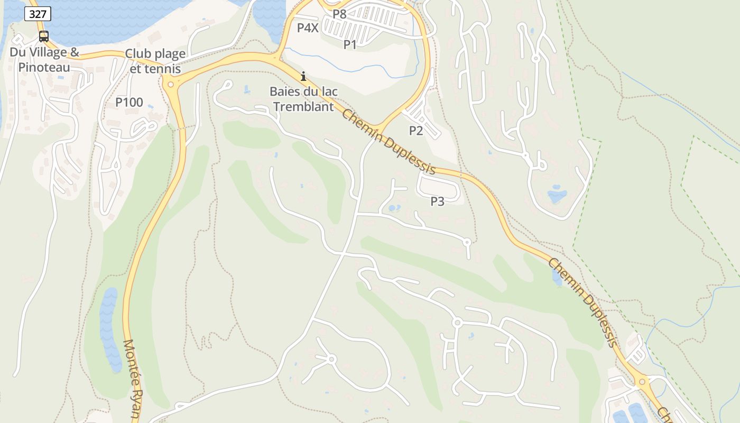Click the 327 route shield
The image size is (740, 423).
click(38, 14)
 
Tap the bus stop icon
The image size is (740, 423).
click(44, 36)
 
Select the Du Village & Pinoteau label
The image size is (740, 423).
click(44, 60)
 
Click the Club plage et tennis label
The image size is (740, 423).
click(155, 61)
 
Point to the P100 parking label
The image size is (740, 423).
click(129, 103)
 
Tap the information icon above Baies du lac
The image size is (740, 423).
click(303, 77)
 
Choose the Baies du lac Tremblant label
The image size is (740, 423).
click(303, 99)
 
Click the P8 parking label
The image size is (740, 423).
click(339, 14)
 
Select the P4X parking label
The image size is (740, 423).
click(308, 28)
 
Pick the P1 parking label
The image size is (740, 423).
click(350, 45)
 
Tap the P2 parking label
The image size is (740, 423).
click(416, 131)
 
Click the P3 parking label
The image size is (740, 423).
click(437, 201)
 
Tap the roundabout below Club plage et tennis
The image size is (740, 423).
click(170, 84)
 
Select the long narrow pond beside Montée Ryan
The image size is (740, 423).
click(109, 328)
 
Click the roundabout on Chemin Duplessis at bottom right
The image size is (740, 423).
click(642, 381)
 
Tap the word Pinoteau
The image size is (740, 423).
click(44, 67)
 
